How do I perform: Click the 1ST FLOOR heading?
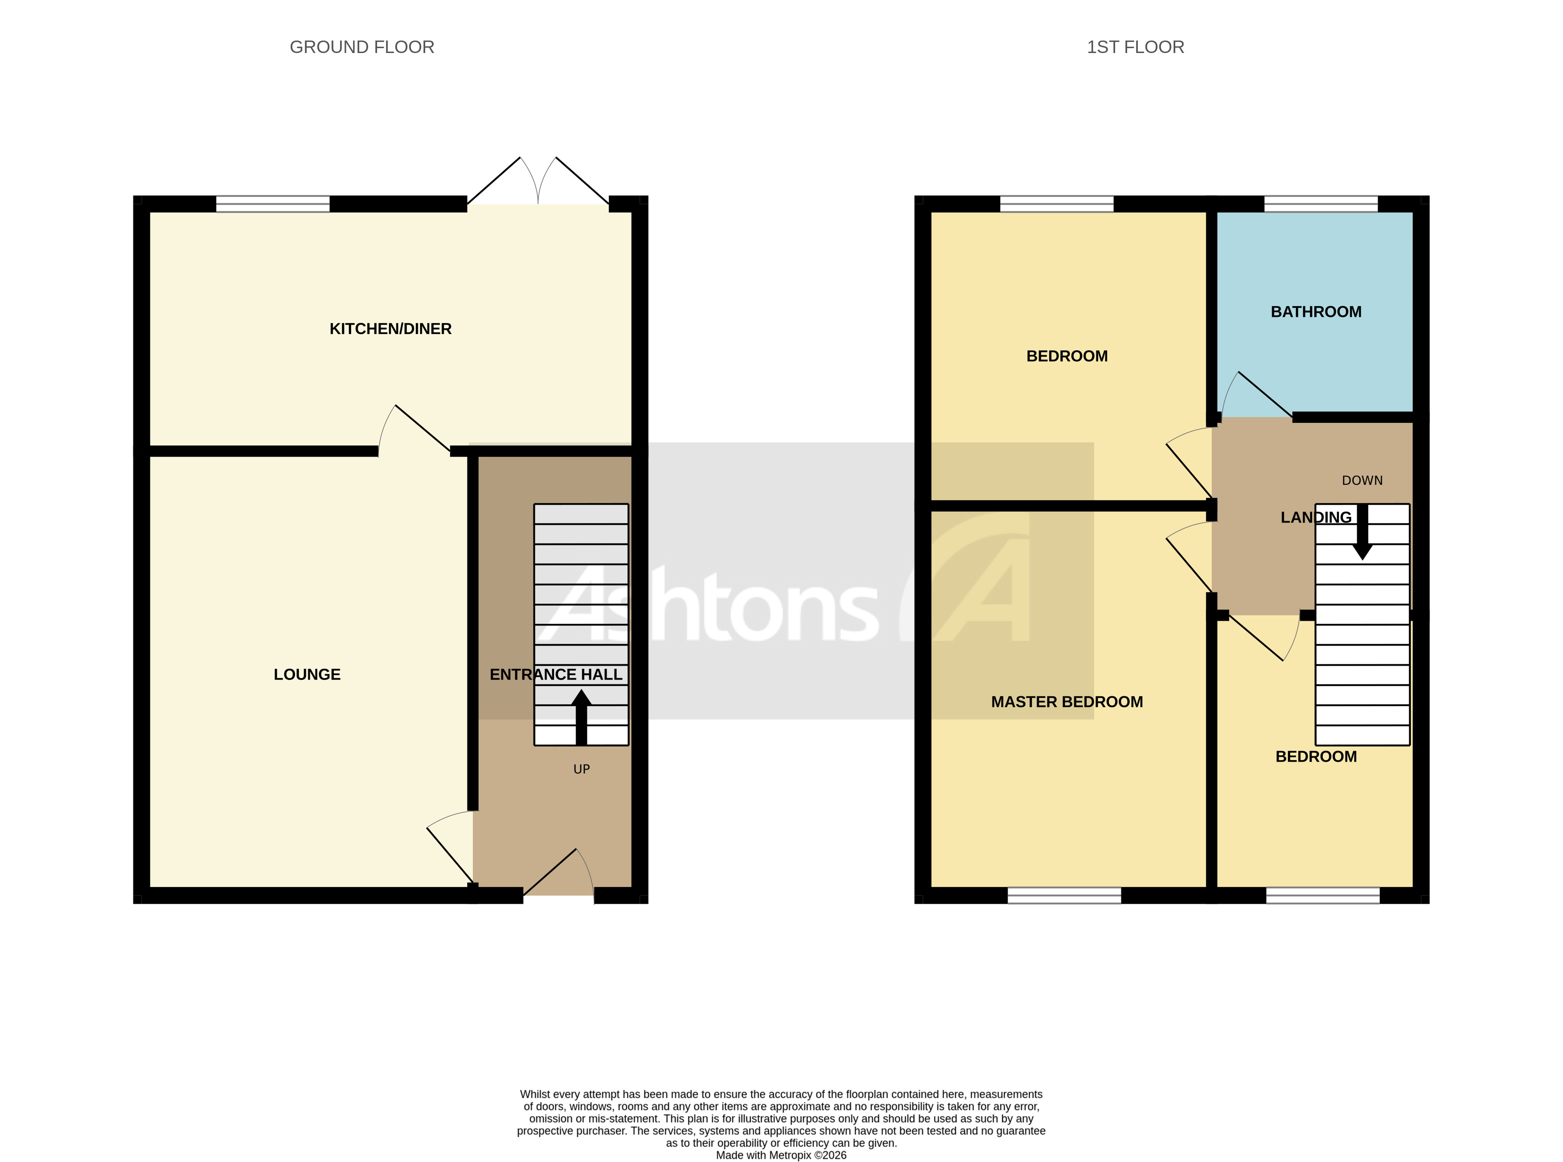[x=1135, y=47]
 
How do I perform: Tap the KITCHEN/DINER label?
[x=390, y=328]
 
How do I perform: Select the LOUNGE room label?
[x=307, y=675]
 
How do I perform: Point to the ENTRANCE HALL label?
[x=556, y=675]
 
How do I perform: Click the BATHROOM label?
[x=1315, y=311]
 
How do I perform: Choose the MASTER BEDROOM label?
[x=1067, y=701]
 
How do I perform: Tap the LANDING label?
[x=1315, y=518]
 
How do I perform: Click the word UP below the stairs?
[x=581, y=769]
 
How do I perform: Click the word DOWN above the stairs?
[x=1362, y=480]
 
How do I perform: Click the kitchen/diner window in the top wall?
[x=272, y=204]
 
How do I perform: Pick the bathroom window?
[x=1320, y=204]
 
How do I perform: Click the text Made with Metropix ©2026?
[x=781, y=1155]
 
